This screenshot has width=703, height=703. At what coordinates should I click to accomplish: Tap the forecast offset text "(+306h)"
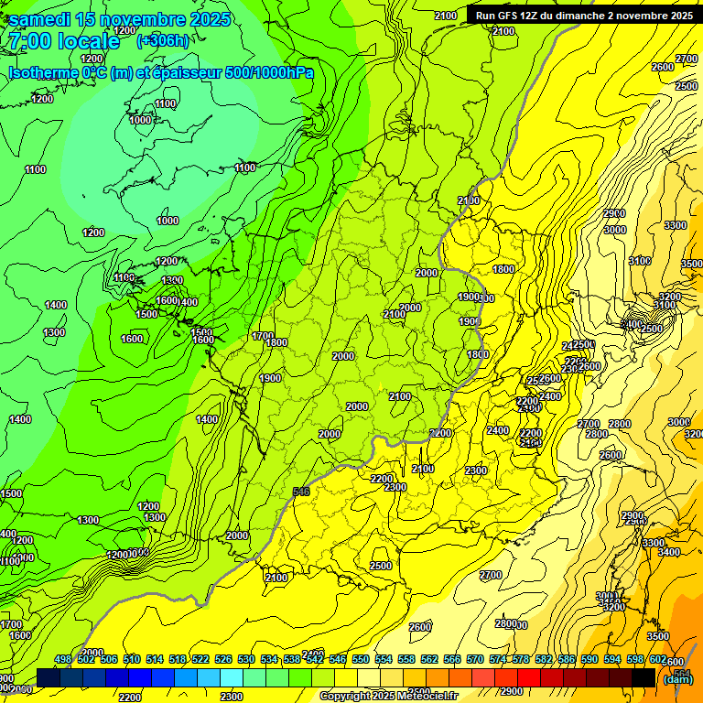click(163, 40)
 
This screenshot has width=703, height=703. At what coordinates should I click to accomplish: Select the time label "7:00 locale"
click(63, 41)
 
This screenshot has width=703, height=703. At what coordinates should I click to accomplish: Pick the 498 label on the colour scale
click(63, 659)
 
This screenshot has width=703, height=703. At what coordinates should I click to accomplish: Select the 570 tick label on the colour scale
click(475, 659)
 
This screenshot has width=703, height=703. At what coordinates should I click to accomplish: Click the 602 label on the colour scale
click(658, 659)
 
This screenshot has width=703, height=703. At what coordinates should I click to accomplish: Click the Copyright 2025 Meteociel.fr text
click(388, 697)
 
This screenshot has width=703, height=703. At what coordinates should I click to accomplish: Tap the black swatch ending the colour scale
click(643, 677)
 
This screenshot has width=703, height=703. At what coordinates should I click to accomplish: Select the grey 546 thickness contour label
click(301, 492)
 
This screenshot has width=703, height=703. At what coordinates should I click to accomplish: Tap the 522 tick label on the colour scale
click(200, 659)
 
